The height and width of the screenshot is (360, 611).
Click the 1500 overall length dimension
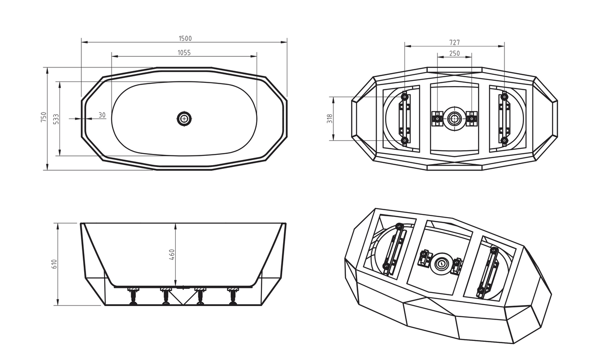tap(185, 39)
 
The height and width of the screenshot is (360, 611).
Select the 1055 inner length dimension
tap(184, 53)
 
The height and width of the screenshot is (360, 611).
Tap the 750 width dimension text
tap(44, 117)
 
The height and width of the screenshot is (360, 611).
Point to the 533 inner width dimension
tap(56, 119)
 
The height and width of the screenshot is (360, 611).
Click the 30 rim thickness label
tap(102, 115)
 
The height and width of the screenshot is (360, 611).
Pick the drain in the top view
tap(184, 119)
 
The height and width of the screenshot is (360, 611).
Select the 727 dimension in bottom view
tap(454, 43)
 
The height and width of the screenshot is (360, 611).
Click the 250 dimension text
tap(454, 53)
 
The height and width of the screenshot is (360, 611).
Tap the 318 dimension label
tap(330, 119)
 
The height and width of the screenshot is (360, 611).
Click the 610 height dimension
tap(54, 264)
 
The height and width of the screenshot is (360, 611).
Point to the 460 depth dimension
tap(172, 254)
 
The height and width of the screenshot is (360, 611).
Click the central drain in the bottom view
tap(454, 119)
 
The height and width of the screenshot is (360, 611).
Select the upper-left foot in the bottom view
tap(405, 97)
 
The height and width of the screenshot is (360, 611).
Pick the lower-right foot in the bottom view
tap(505, 141)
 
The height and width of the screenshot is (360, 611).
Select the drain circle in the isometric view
tap(441, 264)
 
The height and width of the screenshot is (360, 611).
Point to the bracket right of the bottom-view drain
tap(472, 119)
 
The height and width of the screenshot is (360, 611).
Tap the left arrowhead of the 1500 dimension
tap(84, 42)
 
